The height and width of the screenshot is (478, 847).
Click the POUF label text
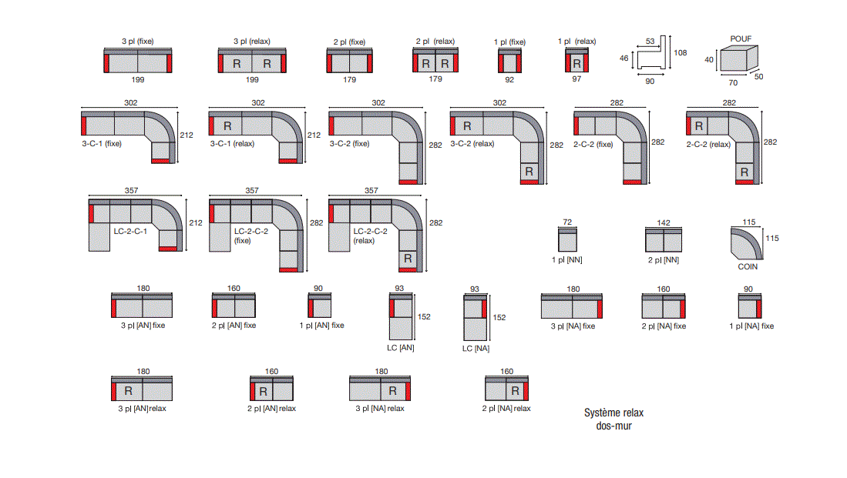click(x=741, y=38)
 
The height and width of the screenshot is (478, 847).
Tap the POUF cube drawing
click(x=738, y=58)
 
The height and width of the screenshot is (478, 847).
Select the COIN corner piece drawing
click(x=747, y=243)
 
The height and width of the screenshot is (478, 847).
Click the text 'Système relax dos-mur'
click(x=613, y=420)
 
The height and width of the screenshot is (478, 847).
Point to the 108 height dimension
click(x=680, y=52)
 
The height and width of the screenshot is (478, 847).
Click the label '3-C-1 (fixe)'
click(x=102, y=143)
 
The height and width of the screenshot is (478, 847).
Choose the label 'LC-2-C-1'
click(x=130, y=231)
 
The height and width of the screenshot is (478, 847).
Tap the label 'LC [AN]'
click(x=400, y=348)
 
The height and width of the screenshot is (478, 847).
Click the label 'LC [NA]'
click(x=476, y=349)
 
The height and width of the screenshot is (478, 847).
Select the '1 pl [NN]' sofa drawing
click(x=567, y=239)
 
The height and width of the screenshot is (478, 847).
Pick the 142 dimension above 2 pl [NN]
click(x=664, y=222)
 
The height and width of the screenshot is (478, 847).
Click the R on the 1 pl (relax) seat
click(x=577, y=64)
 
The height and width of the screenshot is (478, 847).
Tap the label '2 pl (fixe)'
click(x=349, y=42)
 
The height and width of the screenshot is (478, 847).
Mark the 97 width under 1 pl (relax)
click(x=576, y=79)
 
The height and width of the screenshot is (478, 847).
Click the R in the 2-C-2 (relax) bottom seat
click(x=744, y=172)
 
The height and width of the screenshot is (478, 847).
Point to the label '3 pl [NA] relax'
click(x=380, y=409)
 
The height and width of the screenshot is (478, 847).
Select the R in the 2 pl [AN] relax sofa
click(x=263, y=392)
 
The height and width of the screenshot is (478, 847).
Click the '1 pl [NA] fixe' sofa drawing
click(x=750, y=306)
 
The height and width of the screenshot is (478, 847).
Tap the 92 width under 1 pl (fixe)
click(x=509, y=79)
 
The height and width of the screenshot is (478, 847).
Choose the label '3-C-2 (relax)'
click(x=472, y=143)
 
